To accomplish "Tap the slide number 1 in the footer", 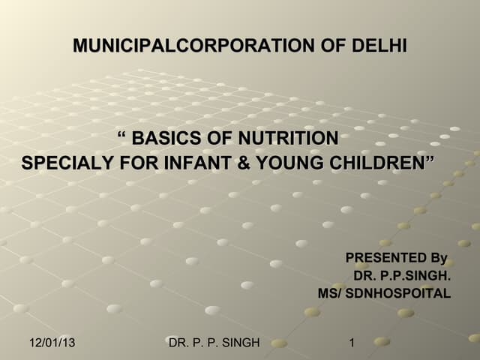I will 352,343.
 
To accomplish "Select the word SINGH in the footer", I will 239,343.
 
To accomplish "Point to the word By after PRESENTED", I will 438,259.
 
